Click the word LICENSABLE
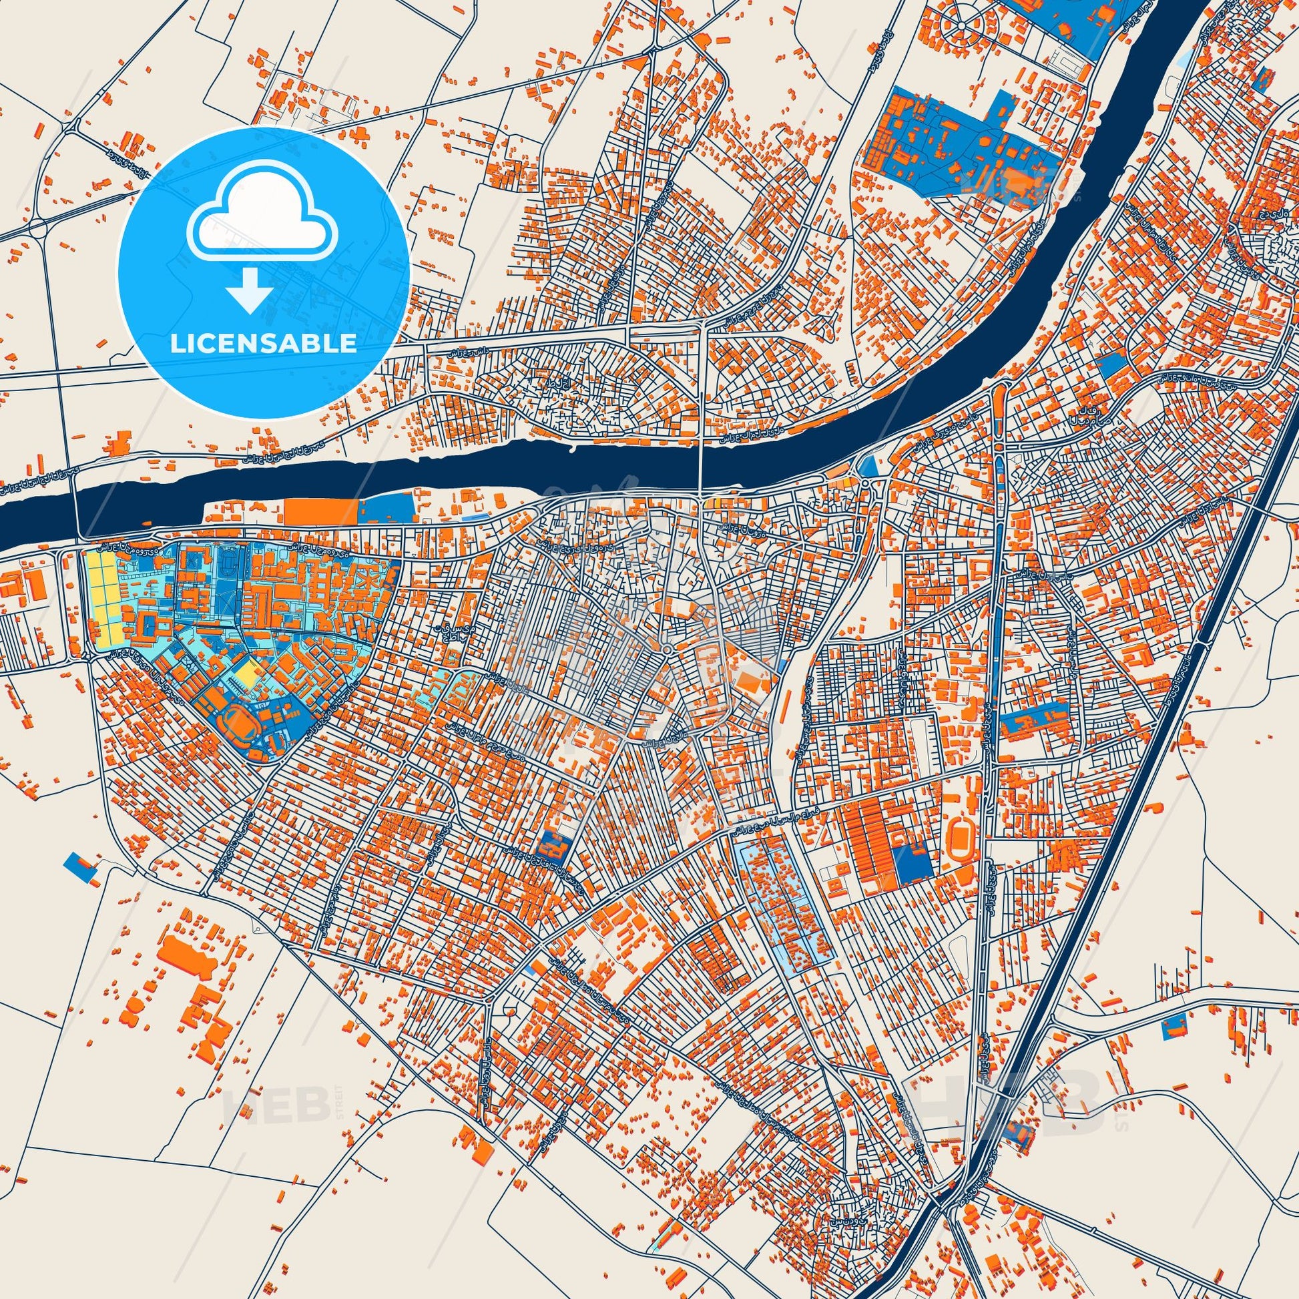[264, 344]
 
